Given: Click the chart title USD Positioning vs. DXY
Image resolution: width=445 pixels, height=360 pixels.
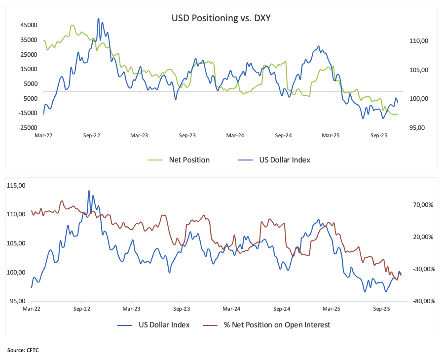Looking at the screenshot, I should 222,18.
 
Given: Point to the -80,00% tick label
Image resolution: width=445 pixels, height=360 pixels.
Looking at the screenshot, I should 423,301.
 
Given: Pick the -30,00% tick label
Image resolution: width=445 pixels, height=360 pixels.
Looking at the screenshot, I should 423,269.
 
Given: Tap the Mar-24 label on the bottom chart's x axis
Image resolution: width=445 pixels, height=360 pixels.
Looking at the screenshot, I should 231,309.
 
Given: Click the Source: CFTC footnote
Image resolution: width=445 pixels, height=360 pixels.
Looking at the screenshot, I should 23,350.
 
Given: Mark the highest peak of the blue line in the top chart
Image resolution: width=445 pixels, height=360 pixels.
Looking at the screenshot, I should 98,18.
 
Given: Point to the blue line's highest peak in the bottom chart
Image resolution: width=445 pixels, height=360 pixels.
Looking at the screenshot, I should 89,190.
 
